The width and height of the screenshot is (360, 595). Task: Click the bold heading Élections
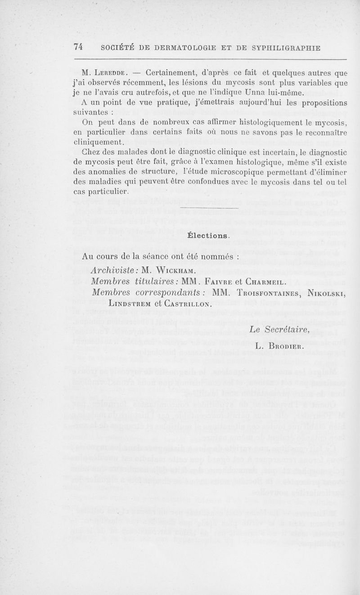(208, 235)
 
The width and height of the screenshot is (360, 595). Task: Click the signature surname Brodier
(288, 347)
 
